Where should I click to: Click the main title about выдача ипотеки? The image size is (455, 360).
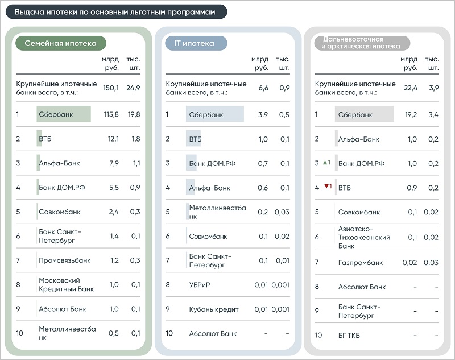115,12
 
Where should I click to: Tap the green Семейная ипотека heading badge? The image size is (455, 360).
61,43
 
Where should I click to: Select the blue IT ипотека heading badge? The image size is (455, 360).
196,43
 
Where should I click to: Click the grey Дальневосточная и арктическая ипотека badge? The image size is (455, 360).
362,43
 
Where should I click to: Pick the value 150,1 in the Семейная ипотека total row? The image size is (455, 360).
111,88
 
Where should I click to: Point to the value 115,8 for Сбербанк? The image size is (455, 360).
111,114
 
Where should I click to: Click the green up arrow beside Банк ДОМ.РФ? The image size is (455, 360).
325,163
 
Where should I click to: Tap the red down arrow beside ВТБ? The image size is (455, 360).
326,186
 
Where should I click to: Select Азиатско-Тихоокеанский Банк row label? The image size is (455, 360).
364,237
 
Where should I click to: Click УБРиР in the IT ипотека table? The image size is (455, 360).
200,285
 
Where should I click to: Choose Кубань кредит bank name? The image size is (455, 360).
214,309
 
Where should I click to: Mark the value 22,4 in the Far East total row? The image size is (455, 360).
411,88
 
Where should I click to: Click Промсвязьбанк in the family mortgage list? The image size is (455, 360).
65,260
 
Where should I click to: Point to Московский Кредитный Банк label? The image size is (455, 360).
66,284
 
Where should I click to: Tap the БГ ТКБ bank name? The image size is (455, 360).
349,336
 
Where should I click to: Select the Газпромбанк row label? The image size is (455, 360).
361,263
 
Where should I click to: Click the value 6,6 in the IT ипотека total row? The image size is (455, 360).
263,88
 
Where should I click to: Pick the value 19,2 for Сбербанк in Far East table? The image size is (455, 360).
411,115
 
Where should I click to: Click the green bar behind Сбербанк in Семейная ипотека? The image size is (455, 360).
64,114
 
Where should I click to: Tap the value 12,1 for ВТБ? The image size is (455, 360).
113,139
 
